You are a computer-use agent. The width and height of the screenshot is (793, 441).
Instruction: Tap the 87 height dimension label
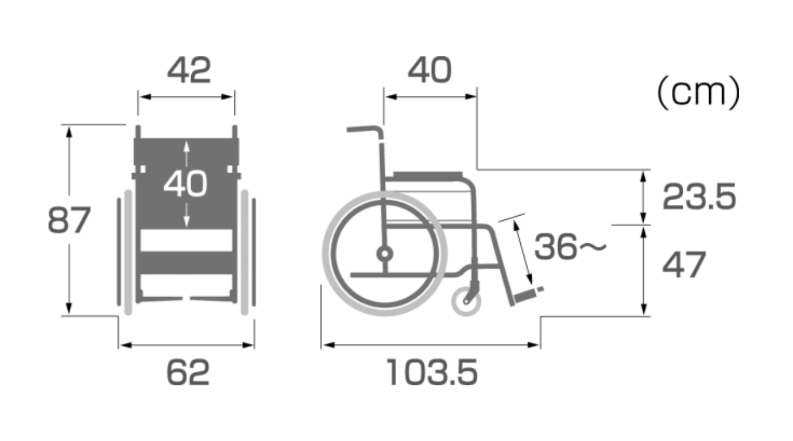coord(69,220)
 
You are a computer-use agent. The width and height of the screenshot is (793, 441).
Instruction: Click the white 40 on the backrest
coord(186,184)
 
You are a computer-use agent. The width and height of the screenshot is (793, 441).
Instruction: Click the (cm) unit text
coord(698,93)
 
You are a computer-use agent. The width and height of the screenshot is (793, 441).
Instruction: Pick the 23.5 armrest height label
coord(698,197)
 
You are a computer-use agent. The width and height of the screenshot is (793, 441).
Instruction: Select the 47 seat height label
coord(684,264)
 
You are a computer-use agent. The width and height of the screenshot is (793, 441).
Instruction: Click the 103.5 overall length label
coord(432,373)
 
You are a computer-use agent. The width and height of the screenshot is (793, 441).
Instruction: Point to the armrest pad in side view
coord(428,174)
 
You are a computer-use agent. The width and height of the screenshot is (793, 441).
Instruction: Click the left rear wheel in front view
coord(126,252)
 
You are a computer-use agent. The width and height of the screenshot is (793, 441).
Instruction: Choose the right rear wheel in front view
coord(245,252)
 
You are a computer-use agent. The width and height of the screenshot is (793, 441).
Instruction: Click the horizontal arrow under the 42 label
coord(186,96)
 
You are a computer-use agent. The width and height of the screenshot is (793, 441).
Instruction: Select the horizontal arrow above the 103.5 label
coord(431,345)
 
